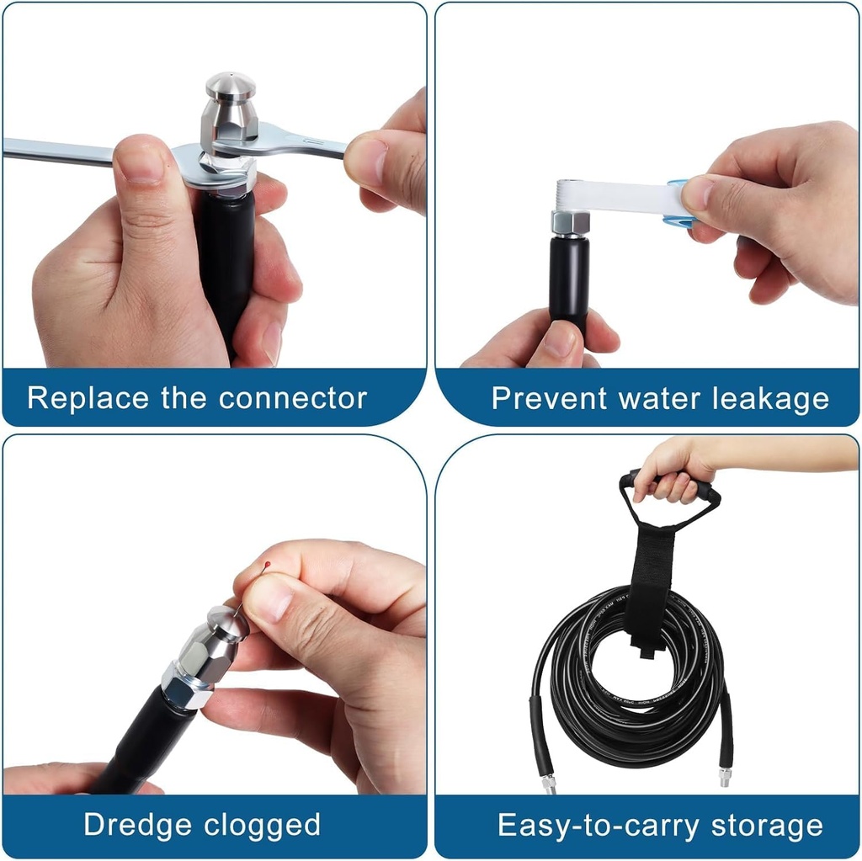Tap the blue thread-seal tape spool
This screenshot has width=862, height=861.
click(676, 205)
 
